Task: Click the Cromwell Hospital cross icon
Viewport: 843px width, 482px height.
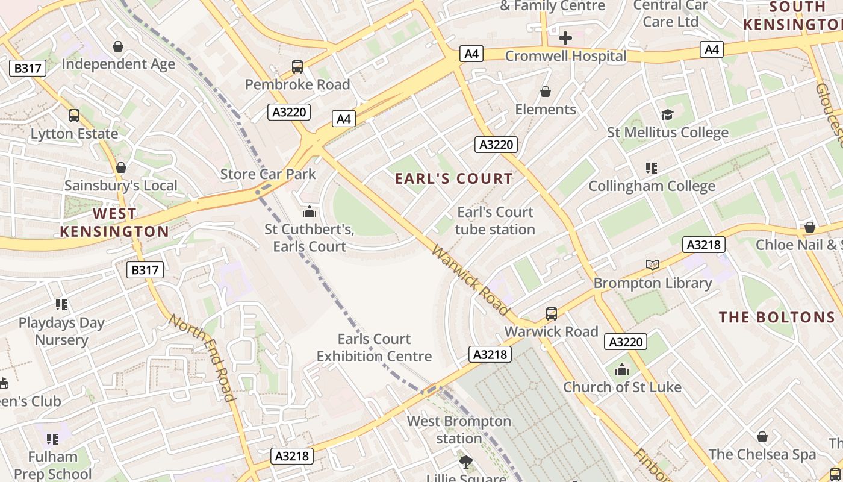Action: click(565, 38)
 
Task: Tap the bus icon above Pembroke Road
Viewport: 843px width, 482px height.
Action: click(297, 66)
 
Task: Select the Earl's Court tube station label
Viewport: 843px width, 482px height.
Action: click(495, 221)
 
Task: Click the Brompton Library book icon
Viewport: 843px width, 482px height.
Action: click(652, 264)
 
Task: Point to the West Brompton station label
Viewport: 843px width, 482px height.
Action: click(459, 430)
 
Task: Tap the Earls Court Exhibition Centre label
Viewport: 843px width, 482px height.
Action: click(374, 348)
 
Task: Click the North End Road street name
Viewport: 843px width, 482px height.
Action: click(202, 357)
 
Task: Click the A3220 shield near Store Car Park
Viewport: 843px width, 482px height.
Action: click(290, 112)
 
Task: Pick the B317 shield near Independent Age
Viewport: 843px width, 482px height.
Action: click(28, 68)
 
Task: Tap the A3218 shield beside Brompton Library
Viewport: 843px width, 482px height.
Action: click(703, 245)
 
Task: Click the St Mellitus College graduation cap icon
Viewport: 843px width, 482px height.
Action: click(667, 114)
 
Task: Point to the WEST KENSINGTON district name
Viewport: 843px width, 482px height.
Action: click(114, 222)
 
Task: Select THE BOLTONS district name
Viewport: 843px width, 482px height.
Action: click(777, 317)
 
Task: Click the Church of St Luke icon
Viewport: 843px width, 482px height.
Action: click(622, 369)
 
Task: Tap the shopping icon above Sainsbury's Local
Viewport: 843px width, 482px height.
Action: click(121, 167)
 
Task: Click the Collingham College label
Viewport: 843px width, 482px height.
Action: click(652, 186)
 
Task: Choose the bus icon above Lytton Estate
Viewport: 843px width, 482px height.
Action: click(74, 115)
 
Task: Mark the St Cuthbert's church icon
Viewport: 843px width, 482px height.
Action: click(310, 211)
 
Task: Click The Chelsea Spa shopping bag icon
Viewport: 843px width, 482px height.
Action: click(762, 437)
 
